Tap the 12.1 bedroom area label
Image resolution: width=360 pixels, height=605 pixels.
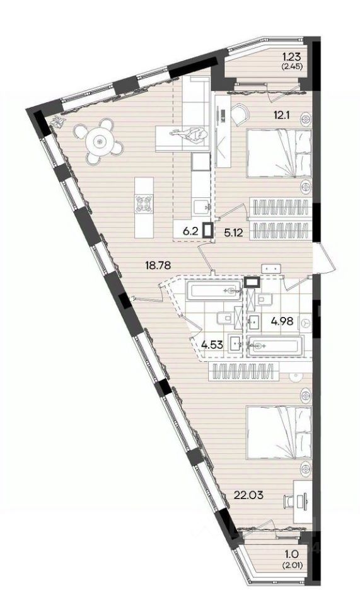tap(282, 114)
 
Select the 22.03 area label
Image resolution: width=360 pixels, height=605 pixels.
tap(249, 495)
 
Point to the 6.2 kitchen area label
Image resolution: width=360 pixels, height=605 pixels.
tap(190, 231)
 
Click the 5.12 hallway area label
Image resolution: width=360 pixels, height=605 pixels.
tap(233, 233)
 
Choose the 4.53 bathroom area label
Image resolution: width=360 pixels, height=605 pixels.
tap(212, 344)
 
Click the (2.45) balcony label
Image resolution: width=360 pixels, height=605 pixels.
tap(293, 66)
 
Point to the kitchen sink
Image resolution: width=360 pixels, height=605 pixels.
tap(201, 205)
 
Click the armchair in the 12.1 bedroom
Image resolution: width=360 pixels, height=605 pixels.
tap(241, 113)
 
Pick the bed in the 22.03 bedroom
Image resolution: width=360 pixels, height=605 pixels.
tap(279, 432)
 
